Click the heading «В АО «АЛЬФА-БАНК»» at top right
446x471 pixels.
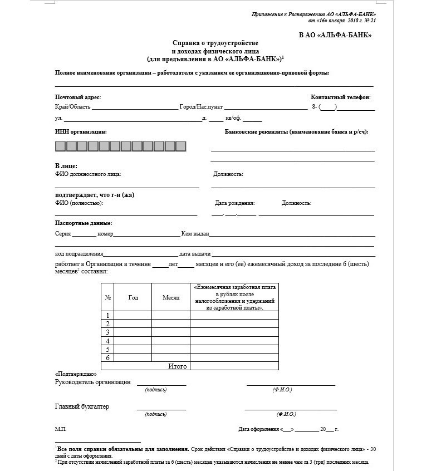[x=335, y=35]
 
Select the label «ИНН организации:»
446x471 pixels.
[x=81, y=132]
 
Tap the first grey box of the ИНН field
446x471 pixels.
[x=60, y=146]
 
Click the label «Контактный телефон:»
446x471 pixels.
[x=340, y=97]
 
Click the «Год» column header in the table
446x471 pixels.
[x=133, y=297]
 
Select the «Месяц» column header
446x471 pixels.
[x=171, y=297]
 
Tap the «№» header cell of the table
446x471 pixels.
[x=107, y=297]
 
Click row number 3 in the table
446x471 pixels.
[x=107, y=332]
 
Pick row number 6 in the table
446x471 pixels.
[x=107, y=357]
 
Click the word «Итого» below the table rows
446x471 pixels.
[x=178, y=366]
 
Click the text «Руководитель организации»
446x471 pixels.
[x=93, y=382]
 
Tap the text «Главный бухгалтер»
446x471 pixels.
[x=82, y=406]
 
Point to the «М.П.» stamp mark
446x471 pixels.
[x=61, y=429]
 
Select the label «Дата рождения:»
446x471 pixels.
[x=235, y=203]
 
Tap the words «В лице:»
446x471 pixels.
[x=66, y=166]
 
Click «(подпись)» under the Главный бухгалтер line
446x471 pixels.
[x=155, y=414]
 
